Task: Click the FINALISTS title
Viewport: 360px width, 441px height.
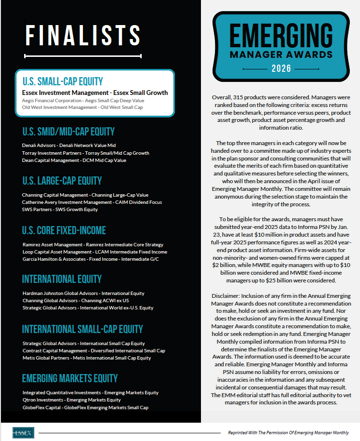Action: point(82,36)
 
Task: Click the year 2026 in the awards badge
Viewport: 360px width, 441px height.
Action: point(281,68)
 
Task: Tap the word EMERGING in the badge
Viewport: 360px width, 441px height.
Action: point(281,36)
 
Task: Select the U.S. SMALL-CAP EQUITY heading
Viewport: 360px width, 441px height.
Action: point(63,81)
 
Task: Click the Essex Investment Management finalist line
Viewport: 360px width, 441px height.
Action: point(95,93)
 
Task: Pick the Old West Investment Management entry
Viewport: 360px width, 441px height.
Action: point(82,107)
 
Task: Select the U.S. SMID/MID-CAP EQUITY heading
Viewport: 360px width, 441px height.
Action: point(68,132)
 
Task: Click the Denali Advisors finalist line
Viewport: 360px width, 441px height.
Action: point(69,145)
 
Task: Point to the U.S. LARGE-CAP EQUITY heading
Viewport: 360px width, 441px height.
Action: point(62,181)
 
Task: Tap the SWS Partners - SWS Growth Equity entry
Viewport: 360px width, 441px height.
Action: point(60,209)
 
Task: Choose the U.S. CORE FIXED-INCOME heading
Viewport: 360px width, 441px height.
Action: point(64,230)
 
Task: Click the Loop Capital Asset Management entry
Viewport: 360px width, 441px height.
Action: point(95,252)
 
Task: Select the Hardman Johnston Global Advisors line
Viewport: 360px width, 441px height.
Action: point(83,293)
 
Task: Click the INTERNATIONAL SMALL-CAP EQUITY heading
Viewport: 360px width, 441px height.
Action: point(82,330)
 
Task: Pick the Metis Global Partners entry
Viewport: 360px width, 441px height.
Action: point(87,358)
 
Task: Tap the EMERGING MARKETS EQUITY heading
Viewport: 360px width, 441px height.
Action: point(70,378)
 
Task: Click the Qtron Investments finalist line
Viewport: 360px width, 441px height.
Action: point(72,400)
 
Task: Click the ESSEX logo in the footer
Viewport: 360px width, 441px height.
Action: point(23,432)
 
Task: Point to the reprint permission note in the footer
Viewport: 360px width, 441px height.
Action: point(288,433)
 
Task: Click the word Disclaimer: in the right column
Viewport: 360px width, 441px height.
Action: point(225,295)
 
